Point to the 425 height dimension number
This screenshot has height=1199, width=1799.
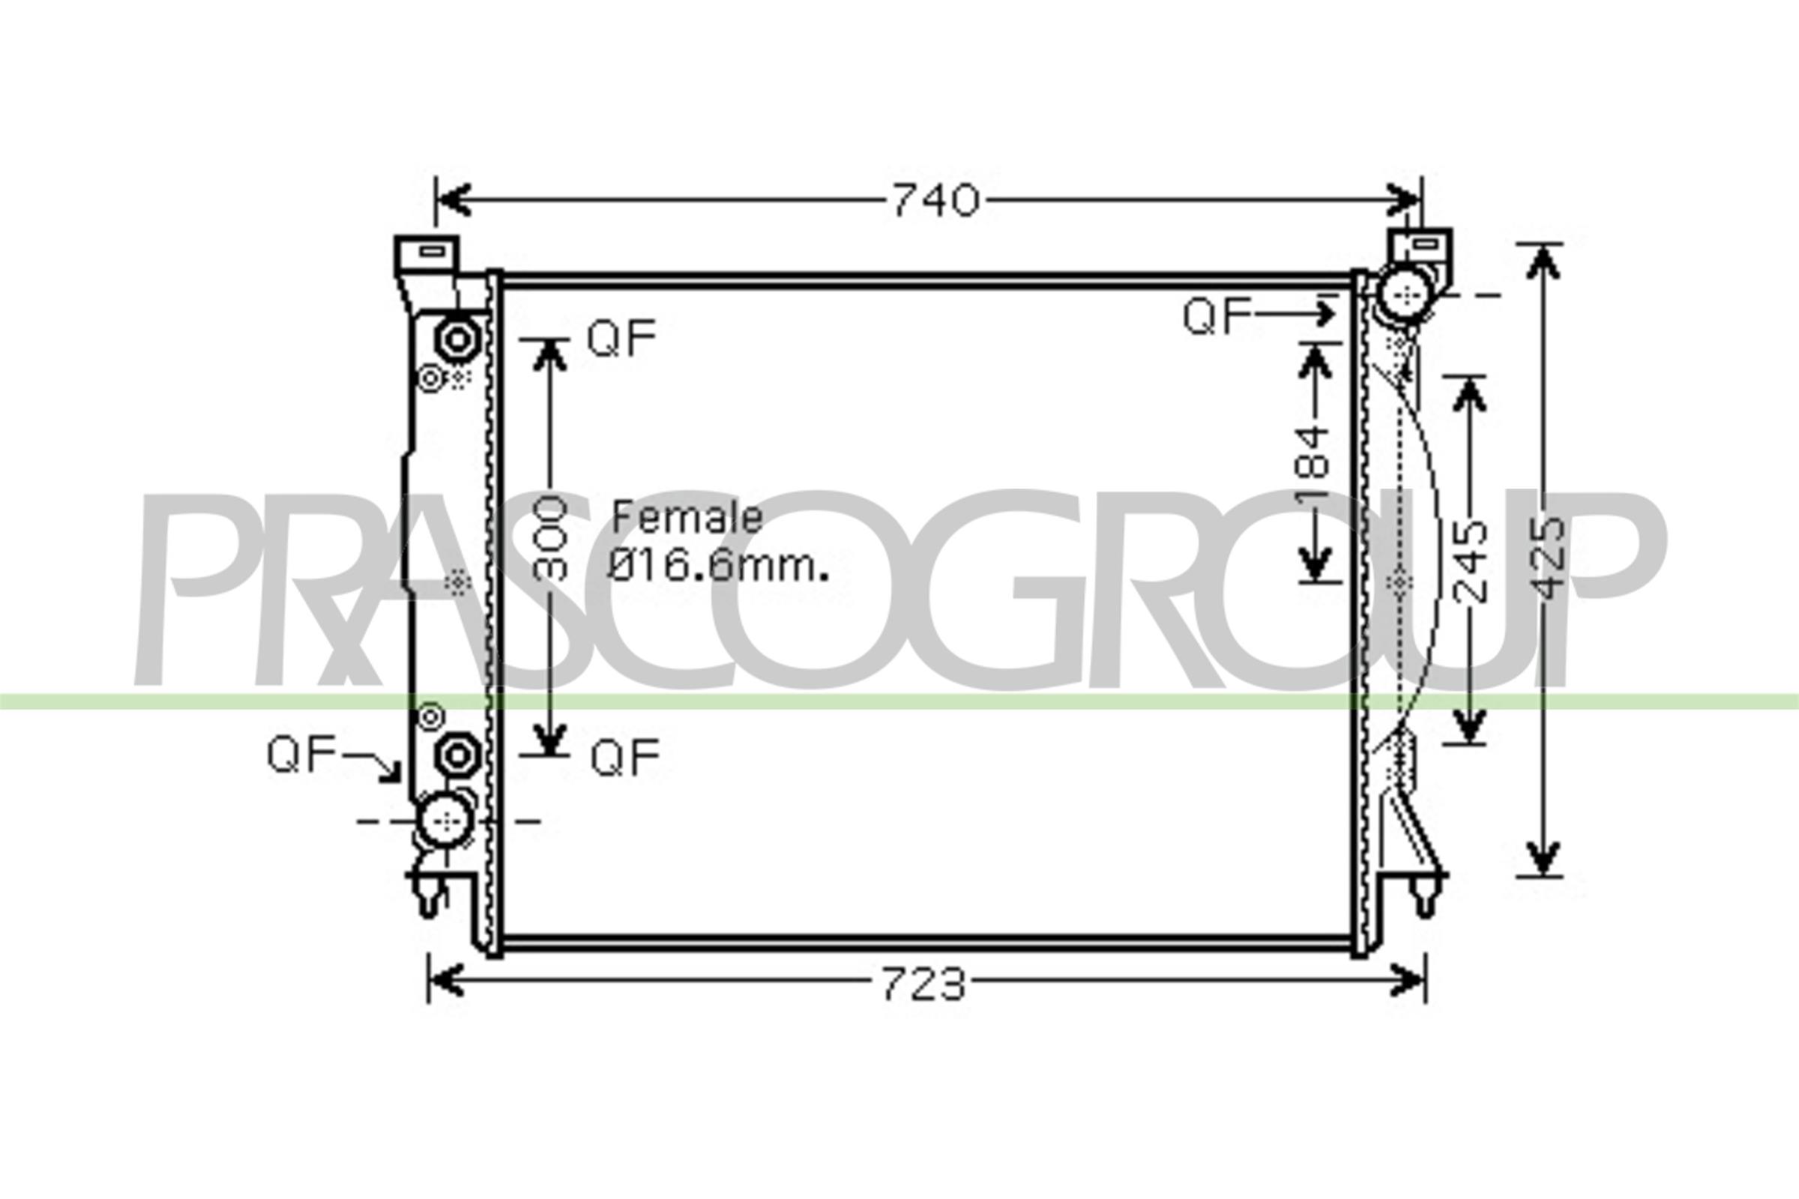[1549, 558]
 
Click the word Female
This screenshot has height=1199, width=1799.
[687, 518]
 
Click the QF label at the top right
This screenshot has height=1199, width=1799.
[1217, 315]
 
